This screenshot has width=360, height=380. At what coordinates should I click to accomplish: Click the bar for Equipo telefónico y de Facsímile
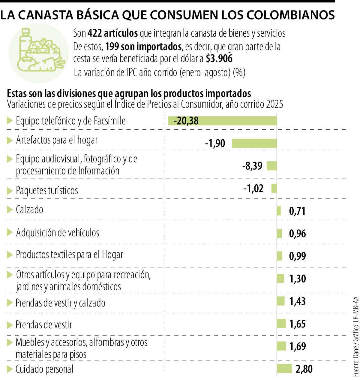click(222, 121)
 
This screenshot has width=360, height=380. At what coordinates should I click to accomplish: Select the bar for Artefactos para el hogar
click(254, 143)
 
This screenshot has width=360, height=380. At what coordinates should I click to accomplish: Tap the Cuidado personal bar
click(284, 368)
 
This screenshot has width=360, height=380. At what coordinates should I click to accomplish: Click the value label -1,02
click(253, 188)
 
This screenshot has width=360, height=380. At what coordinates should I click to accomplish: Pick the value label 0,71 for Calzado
click(297, 211)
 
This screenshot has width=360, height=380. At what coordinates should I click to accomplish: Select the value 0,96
click(297, 234)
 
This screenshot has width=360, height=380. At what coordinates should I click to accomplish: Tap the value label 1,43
click(297, 301)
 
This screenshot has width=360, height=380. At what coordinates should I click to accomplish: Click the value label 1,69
click(297, 346)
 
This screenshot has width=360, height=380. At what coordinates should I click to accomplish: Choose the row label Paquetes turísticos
click(47, 190)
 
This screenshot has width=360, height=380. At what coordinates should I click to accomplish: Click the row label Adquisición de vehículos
click(58, 232)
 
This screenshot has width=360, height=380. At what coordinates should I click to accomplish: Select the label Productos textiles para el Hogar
click(70, 255)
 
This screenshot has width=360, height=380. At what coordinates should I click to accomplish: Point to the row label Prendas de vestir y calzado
click(60, 303)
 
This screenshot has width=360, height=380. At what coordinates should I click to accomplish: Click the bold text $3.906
click(219, 59)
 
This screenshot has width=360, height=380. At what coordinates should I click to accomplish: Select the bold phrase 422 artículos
click(112, 33)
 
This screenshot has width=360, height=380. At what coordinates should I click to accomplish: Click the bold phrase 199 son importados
click(143, 47)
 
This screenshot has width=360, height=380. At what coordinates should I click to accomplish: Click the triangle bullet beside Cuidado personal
click(10, 369)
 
